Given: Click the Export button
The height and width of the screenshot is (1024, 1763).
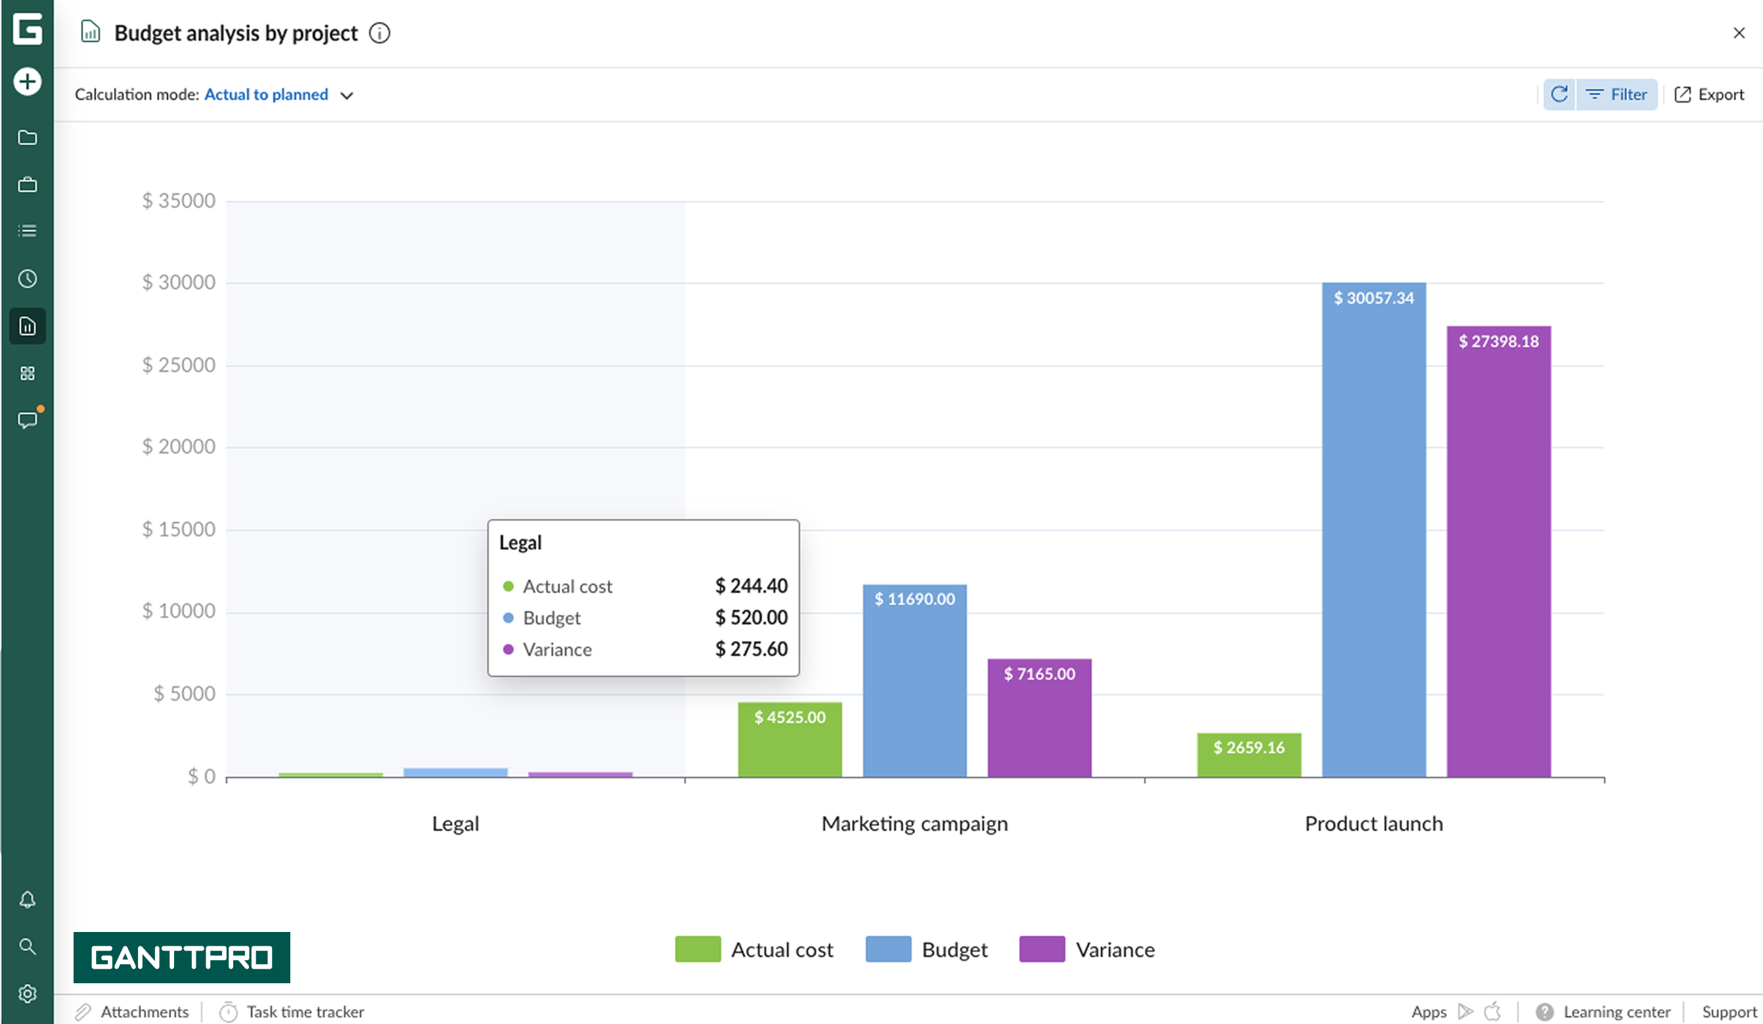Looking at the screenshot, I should (1709, 95).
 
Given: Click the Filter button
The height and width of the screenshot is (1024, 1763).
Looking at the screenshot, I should (1616, 95).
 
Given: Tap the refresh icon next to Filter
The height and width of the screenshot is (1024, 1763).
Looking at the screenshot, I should (1559, 95).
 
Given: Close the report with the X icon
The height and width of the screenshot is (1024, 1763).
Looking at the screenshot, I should (1739, 33).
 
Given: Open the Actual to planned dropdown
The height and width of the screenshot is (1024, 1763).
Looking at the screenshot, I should (279, 95).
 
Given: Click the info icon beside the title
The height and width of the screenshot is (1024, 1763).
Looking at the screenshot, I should (379, 33).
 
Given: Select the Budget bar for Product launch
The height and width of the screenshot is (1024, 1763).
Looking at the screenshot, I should (1373, 532).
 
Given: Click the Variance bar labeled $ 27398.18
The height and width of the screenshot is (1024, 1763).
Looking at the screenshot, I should (1498, 553).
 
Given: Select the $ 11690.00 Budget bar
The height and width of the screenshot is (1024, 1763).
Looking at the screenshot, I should (914, 682).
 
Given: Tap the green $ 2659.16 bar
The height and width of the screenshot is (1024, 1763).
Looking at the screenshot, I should (1249, 755).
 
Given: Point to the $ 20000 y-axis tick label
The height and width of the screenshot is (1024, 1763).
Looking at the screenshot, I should (179, 446).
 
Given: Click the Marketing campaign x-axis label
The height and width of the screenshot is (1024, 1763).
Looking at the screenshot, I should (914, 824).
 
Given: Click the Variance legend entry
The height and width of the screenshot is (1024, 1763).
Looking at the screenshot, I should (1087, 950).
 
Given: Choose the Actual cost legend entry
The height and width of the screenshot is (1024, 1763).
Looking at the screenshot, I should (754, 950).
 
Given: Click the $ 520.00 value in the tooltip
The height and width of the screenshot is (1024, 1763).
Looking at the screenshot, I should (751, 617).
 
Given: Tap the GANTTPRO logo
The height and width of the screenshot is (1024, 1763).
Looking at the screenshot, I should (182, 957).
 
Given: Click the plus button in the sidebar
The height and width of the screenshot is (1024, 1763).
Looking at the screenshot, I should (28, 81).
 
